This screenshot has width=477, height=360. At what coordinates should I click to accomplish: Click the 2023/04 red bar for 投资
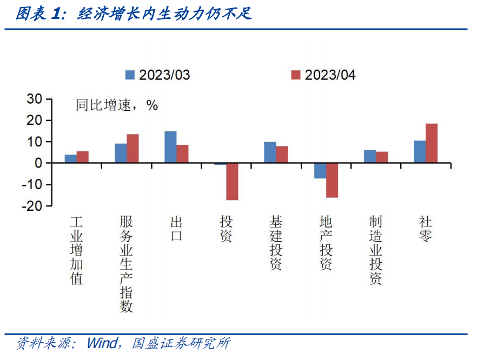click(x=232, y=182)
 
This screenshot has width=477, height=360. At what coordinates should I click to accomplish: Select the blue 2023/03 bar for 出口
click(x=170, y=147)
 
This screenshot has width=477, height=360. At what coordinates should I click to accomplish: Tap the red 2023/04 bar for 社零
click(x=432, y=143)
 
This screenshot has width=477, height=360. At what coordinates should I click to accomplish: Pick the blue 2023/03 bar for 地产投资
click(x=320, y=171)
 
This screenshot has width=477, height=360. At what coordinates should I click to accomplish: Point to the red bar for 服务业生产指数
click(x=132, y=149)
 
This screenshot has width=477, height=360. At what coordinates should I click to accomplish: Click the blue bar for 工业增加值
click(x=71, y=159)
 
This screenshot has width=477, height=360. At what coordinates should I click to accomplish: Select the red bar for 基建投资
click(x=282, y=155)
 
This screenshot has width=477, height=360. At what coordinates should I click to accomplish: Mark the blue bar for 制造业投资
click(x=370, y=157)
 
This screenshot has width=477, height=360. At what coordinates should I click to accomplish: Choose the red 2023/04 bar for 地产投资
click(x=332, y=180)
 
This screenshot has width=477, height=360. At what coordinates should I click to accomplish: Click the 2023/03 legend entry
click(x=158, y=75)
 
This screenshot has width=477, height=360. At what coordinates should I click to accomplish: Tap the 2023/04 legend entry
click(x=323, y=75)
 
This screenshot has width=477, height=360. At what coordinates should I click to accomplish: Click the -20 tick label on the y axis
click(x=32, y=206)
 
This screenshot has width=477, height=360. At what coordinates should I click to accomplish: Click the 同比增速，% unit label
click(x=116, y=105)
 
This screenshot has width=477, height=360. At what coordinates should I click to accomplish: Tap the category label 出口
click(x=176, y=229)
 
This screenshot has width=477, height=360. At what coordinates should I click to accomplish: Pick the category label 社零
click(x=426, y=229)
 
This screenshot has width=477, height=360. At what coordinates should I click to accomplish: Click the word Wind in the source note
click(x=102, y=344)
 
